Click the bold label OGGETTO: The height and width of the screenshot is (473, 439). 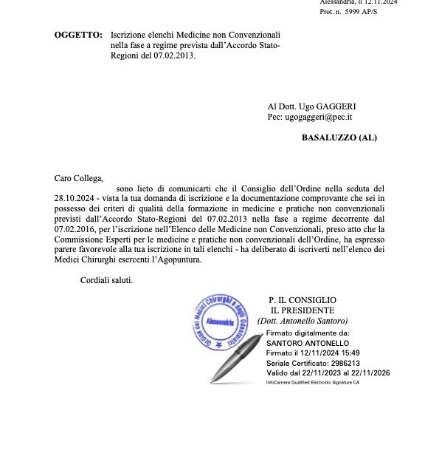(x=78, y=35)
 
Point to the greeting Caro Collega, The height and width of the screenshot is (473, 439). (x=79, y=178)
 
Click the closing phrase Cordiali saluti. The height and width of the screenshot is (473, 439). (x=107, y=281)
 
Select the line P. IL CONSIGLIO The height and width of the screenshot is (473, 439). (x=303, y=300)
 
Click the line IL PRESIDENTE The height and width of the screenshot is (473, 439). (x=303, y=310)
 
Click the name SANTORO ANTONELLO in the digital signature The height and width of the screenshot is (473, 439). (x=307, y=344)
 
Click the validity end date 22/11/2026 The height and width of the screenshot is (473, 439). (x=371, y=372)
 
